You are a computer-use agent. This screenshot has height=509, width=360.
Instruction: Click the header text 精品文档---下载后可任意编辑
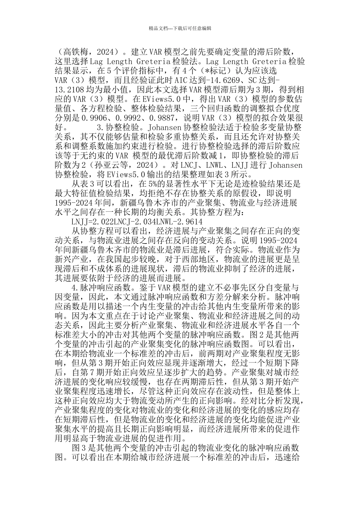tap(180, 28)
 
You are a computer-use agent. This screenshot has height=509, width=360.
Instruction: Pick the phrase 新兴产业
tap(72, 259)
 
